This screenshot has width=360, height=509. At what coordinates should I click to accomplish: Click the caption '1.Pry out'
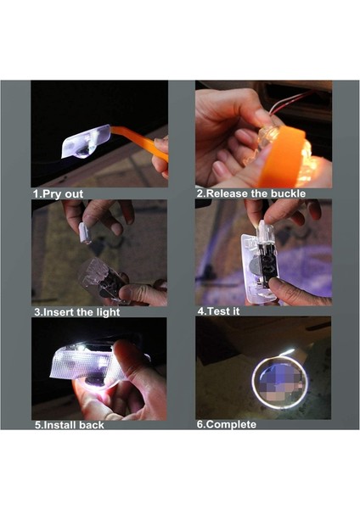tap(58, 194)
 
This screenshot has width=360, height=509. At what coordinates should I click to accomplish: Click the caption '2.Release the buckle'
tap(251, 193)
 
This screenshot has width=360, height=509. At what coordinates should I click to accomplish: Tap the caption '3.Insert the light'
tap(77, 312)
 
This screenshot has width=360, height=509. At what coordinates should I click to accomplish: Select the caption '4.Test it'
tap(219, 311)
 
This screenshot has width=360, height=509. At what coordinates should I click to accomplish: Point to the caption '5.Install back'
tap(70, 425)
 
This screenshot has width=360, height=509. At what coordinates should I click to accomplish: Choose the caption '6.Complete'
tap(227, 424)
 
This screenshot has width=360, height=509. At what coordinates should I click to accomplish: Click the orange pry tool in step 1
tap(141, 143)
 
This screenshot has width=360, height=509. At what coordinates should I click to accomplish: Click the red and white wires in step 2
tap(289, 102)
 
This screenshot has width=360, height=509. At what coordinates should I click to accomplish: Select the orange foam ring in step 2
tap(281, 156)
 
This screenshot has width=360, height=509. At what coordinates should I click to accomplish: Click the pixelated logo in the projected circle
tap(278, 381)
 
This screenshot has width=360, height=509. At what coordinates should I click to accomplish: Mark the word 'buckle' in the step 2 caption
tap(288, 193)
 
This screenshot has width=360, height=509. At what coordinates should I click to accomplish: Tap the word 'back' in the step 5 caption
tap(93, 425)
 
